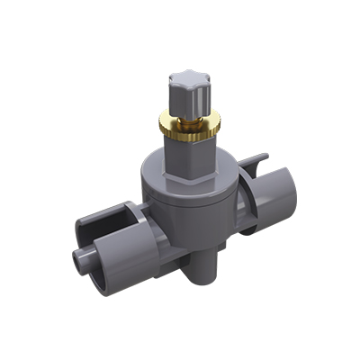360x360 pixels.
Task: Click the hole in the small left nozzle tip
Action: [73, 262]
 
